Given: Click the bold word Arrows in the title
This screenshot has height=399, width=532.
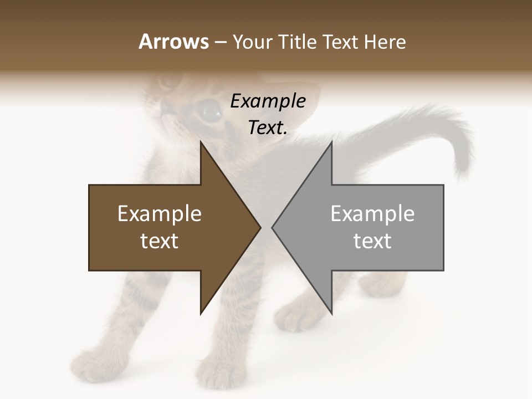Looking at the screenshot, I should (x=173, y=42).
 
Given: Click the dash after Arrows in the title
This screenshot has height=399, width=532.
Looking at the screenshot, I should (x=220, y=43).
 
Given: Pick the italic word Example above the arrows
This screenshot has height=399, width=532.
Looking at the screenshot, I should (x=268, y=101).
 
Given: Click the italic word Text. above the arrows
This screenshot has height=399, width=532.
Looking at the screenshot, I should (x=268, y=128).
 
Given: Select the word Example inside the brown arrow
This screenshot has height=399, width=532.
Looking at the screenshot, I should (x=160, y=214).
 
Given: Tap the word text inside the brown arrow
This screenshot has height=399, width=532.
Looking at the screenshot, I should (x=160, y=241).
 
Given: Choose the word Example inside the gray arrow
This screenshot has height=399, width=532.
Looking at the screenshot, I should (x=372, y=214).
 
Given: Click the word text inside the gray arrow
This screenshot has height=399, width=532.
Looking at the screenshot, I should (x=372, y=241).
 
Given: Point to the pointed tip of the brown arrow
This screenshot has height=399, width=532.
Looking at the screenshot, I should (x=260, y=227).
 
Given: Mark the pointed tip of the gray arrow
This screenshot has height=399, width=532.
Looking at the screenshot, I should (x=272, y=227).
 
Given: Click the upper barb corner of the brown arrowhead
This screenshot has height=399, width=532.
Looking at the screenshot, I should (x=201, y=142).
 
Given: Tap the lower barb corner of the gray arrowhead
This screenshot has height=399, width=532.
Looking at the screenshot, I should (x=331, y=314).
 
